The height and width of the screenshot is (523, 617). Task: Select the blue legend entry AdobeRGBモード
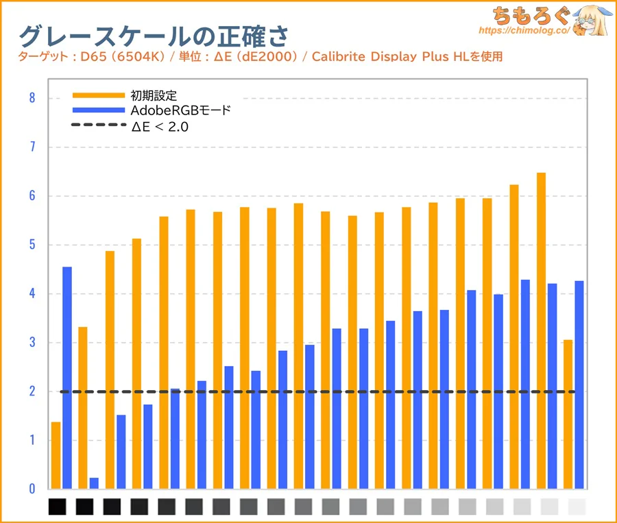[x=180, y=110]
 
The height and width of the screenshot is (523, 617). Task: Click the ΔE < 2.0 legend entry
[x=159, y=125]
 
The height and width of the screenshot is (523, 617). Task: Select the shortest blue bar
[x=94, y=483]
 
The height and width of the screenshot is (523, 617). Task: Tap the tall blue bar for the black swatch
[x=67, y=378]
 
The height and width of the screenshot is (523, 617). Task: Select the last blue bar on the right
[x=579, y=385]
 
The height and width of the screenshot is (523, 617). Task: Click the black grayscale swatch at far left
[x=58, y=507]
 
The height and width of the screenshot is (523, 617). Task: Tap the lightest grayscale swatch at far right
[x=577, y=507]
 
